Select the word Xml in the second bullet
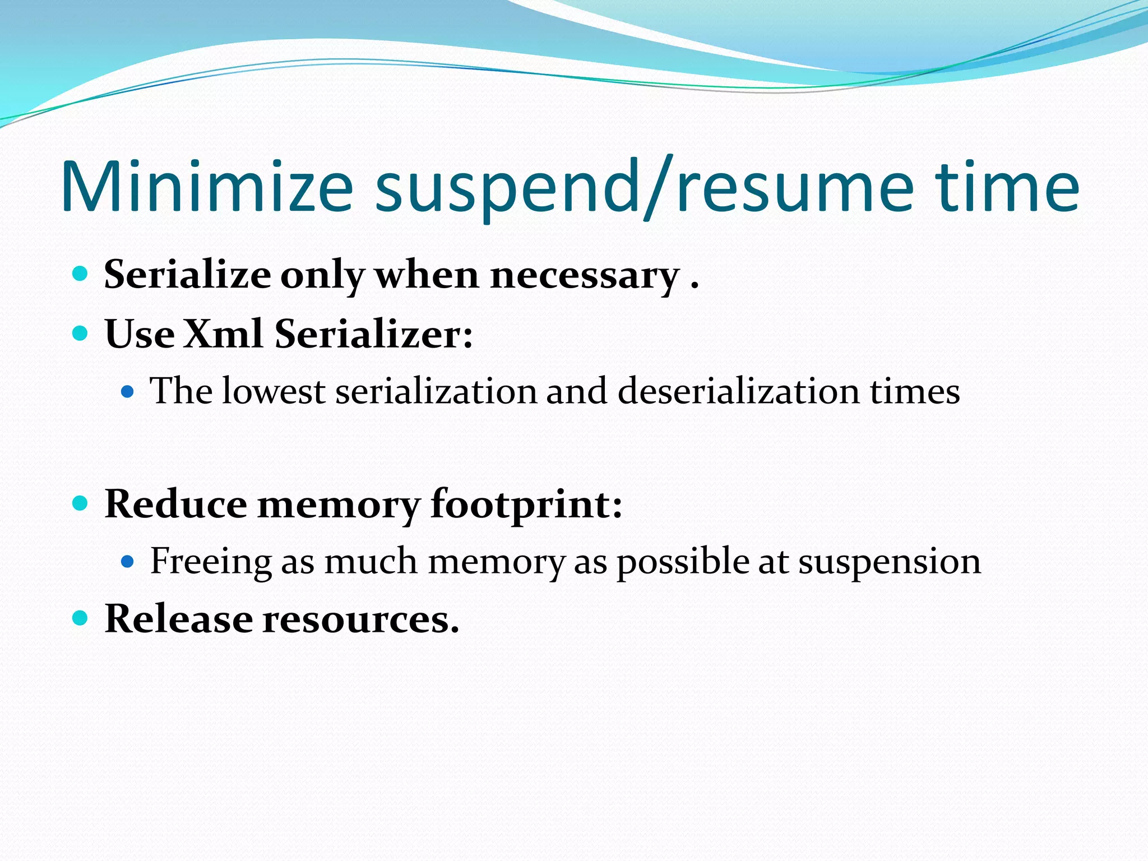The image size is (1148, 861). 223,334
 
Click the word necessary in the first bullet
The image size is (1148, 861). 585,276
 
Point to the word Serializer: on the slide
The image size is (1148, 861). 373,334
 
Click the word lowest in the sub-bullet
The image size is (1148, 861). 274,391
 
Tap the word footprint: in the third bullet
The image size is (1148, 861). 526,504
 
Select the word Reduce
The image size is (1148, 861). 175,504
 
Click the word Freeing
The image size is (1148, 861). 211,561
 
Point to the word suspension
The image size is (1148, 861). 890,561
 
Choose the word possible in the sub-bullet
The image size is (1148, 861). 683,561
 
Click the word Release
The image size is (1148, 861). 179,619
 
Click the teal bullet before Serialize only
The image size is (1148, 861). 81,274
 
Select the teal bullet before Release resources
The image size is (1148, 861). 81,618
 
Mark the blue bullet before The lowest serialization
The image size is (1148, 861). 128,391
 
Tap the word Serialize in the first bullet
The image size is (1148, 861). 187,276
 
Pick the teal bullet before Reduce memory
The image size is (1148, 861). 81,503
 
